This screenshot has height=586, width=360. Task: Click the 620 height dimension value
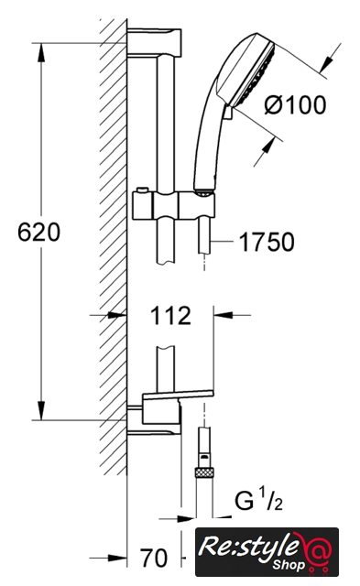tap(38, 232)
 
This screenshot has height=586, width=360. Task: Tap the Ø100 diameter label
tap(295, 105)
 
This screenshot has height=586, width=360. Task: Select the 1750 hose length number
tap(267, 242)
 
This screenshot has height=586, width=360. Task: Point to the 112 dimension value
tap(170, 316)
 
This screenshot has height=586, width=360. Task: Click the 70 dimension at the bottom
tap(154, 558)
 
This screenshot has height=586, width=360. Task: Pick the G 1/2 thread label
tap(258, 501)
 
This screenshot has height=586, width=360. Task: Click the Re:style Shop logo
tap(267, 551)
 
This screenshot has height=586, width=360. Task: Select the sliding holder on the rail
tap(174, 205)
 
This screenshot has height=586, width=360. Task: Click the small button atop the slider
tap(142, 190)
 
